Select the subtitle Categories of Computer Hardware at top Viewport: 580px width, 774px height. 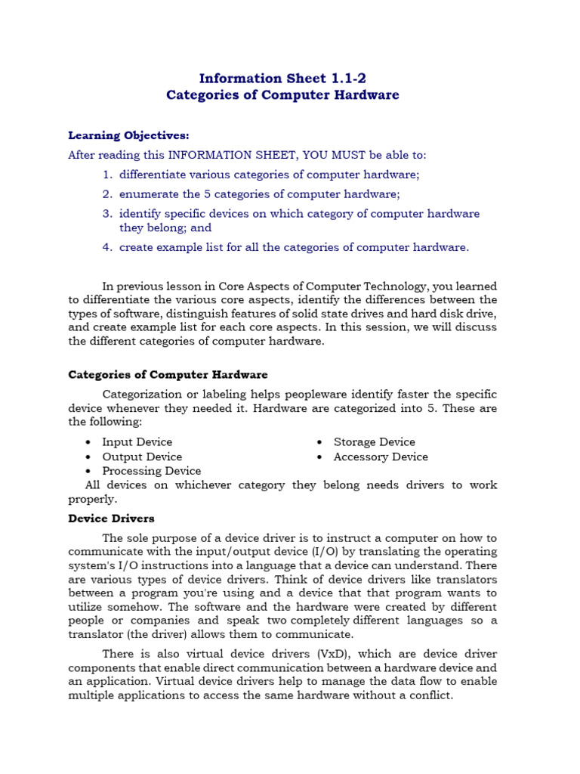tap(282, 95)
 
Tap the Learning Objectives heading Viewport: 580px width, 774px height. tap(128, 135)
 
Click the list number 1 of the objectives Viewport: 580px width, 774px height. tap(107, 175)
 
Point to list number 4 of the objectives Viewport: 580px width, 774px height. tap(107, 247)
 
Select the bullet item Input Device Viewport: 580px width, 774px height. tap(137, 442)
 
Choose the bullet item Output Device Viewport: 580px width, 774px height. tap(142, 457)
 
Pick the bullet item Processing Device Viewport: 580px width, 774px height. tap(151, 471)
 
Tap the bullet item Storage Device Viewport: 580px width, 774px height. tap(374, 442)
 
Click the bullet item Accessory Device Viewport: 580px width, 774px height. tap(381, 457)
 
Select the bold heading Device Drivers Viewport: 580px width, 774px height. tap(111, 519)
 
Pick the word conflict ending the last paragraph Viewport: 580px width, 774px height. tap(427, 695)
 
